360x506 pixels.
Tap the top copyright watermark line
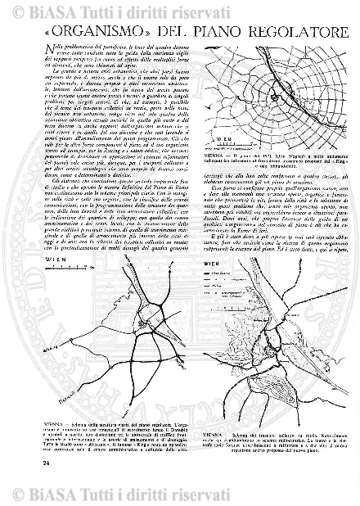tap(180, 11)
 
